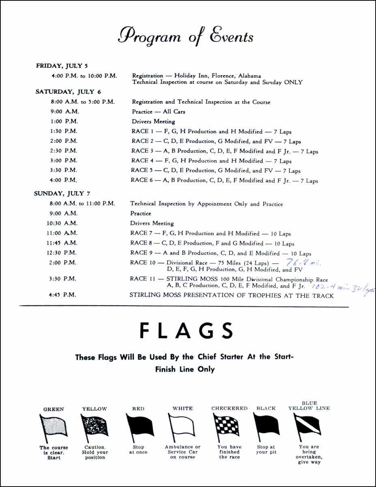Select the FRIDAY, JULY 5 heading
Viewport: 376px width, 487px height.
click(62, 66)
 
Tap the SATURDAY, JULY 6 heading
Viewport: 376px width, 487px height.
click(65, 92)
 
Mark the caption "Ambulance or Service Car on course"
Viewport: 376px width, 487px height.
click(183, 452)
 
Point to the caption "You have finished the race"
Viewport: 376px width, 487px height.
click(229, 452)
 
